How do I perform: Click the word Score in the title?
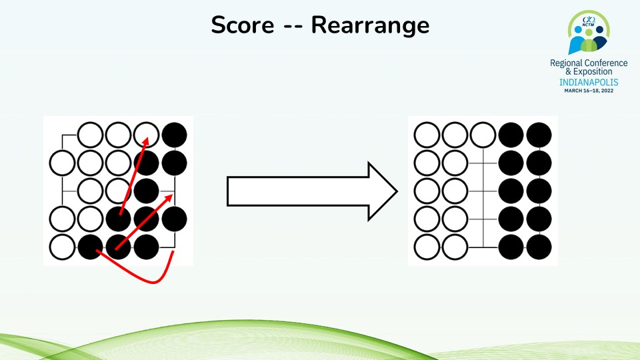tap(242, 25)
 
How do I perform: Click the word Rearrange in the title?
tap(370, 25)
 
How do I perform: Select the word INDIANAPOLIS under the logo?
tap(588, 82)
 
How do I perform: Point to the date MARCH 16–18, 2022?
tap(588, 91)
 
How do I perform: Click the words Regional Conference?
tap(588, 63)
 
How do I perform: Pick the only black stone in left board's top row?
tap(175, 135)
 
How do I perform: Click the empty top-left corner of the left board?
tap(63, 135)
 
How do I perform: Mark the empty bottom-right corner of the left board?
tap(175, 247)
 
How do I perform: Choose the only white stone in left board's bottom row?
tap(63, 247)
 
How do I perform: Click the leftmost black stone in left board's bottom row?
tap(91, 247)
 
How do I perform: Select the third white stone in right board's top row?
tap(483, 135)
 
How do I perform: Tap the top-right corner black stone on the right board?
tap(539, 135)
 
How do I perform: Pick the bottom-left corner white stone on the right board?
tap(427, 247)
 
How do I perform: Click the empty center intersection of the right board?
tap(483, 191)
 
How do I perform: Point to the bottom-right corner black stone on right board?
tap(539, 247)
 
